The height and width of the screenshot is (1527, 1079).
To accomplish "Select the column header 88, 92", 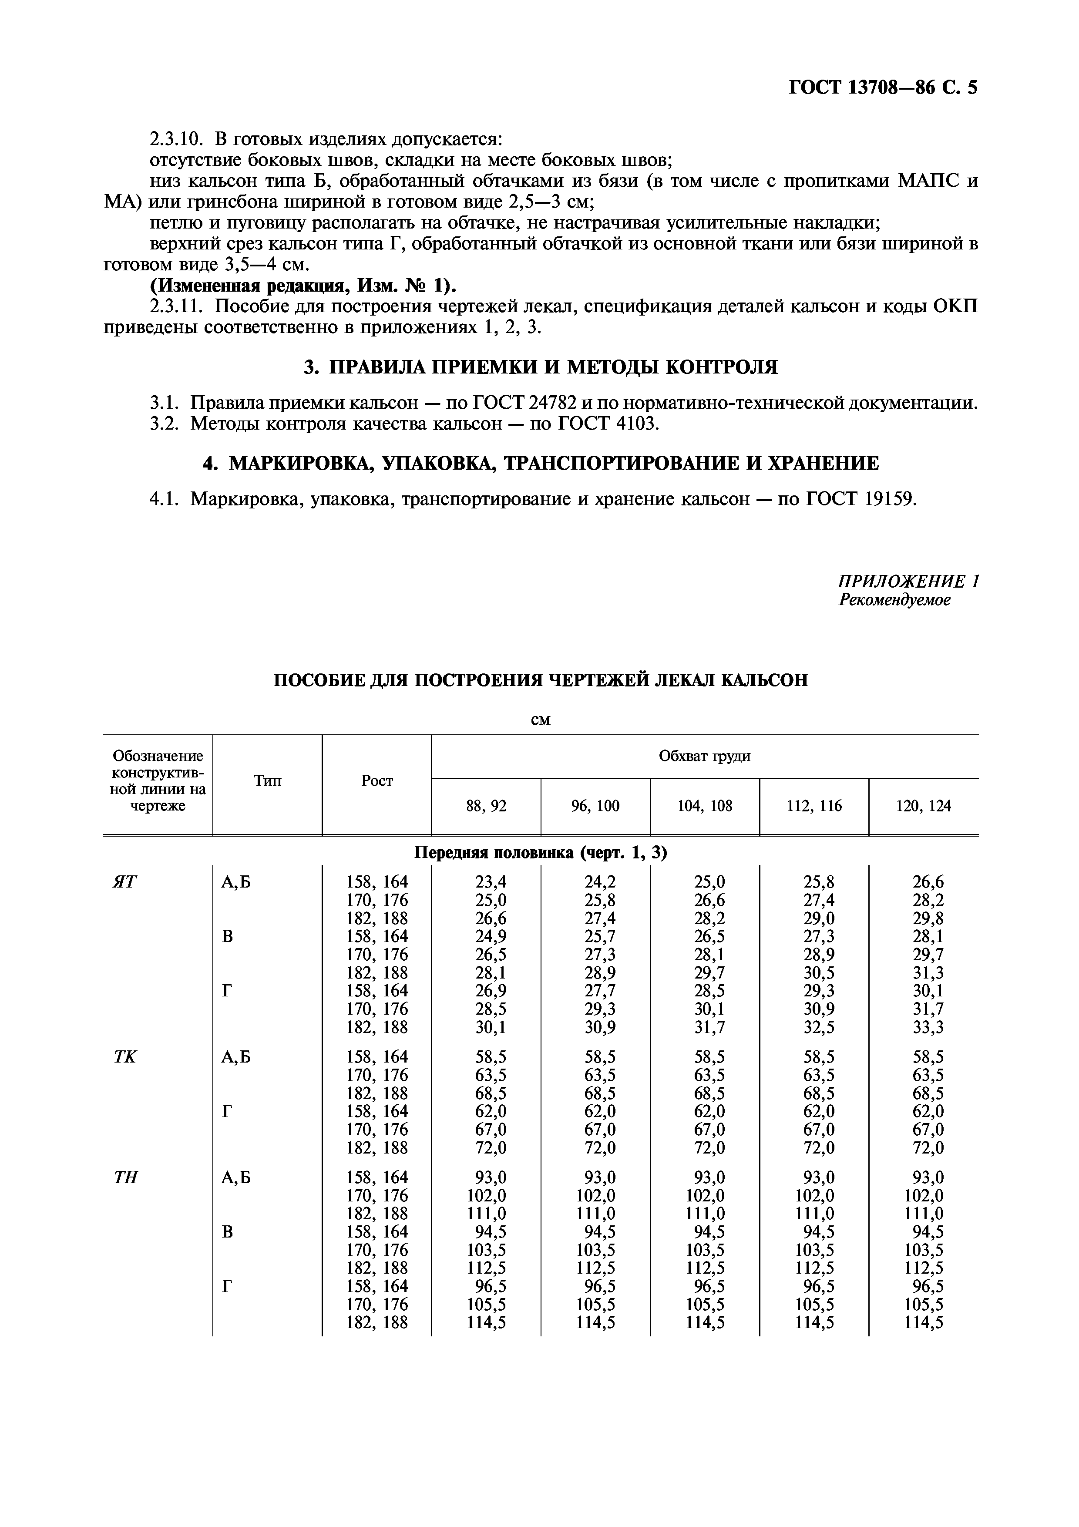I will coord(486,806).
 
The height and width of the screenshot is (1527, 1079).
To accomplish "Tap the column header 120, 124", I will coord(924,806).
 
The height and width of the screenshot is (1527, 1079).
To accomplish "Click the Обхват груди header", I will coord(704,756).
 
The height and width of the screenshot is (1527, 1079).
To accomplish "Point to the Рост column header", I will coord(377,781).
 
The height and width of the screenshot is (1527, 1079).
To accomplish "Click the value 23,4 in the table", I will coord(491,882).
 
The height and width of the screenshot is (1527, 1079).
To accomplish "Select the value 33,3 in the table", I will coord(928,1028).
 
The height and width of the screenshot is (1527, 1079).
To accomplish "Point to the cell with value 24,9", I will coord(491,936).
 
